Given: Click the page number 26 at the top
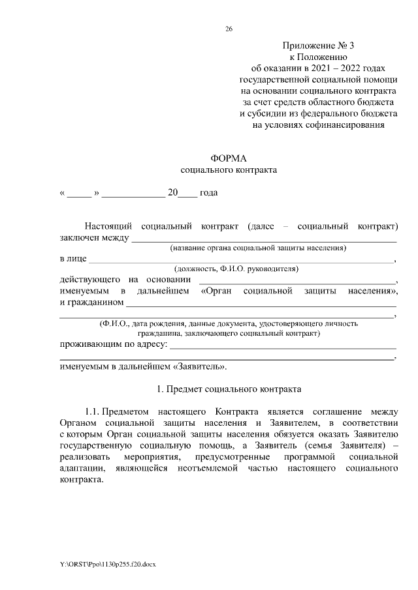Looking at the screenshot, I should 228,29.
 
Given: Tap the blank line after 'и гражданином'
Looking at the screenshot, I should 261,304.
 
